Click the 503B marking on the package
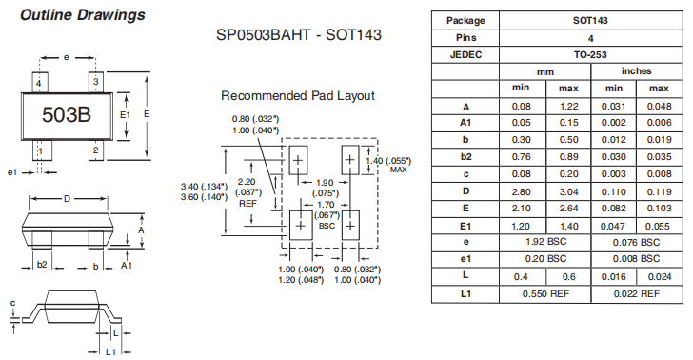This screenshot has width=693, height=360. (x=67, y=115)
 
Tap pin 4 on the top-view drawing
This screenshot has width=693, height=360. (x=38, y=84)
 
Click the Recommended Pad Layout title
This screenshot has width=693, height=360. (x=298, y=96)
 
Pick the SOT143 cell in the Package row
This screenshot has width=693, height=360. (x=590, y=19)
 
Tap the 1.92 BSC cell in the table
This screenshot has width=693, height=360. (x=546, y=242)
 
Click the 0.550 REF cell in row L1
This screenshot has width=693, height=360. (x=546, y=294)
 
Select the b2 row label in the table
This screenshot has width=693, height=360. (x=465, y=156)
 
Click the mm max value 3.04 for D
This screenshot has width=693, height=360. (x=569, y=190)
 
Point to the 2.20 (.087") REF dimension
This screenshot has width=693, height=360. (x=247, y=191)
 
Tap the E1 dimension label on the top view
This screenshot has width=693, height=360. (x=125, y=115)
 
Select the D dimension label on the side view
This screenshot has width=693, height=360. (x=67, y=199)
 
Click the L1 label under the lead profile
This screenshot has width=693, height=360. (x=110, y=351)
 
